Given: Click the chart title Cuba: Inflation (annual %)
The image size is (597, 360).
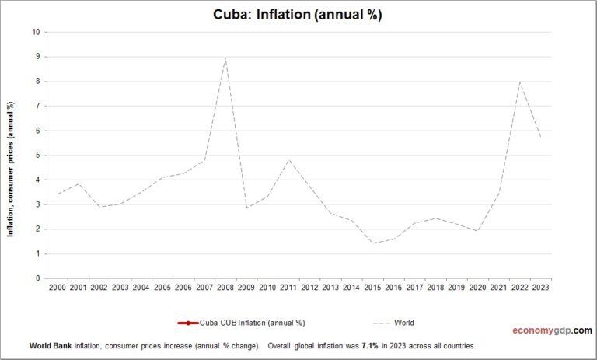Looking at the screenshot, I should click(298, 15).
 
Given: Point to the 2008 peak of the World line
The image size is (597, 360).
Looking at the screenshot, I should click(225, 57).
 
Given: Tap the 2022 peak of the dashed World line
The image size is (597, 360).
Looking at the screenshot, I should click(519, 82).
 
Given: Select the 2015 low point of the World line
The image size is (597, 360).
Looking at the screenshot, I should click(372, 243).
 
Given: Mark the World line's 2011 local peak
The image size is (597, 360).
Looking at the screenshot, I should click(288, 159).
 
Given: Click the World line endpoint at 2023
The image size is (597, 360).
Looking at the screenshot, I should click(540, 138).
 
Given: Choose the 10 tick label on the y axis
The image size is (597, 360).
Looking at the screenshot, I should click(36, 32).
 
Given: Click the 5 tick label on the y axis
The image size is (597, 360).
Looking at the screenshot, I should click(37, 156).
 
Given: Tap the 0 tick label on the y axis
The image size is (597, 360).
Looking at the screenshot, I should click(37, 278).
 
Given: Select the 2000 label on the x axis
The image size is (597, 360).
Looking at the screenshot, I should click(57, 288).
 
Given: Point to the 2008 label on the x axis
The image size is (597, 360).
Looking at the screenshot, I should click(225, 288).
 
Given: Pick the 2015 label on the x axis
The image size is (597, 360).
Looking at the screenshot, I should click(372, 288).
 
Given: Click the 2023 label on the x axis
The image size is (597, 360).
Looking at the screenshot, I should click(540, 288).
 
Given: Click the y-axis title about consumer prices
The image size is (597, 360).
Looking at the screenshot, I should click(11, 170).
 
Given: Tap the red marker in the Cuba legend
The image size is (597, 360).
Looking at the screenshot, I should click(187, 323).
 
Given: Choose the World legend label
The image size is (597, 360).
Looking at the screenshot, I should click(404, 323).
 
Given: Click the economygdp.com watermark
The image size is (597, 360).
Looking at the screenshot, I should click(551, 330).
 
